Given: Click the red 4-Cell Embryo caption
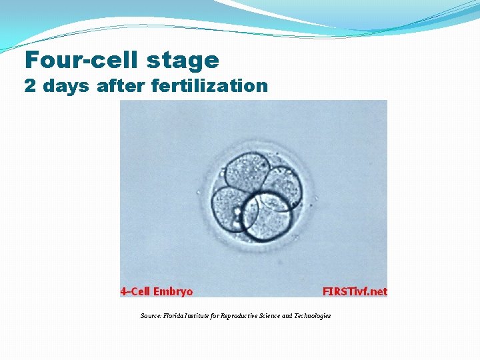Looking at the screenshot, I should pos(157,291).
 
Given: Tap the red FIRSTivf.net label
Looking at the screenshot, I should pos(355,291).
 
